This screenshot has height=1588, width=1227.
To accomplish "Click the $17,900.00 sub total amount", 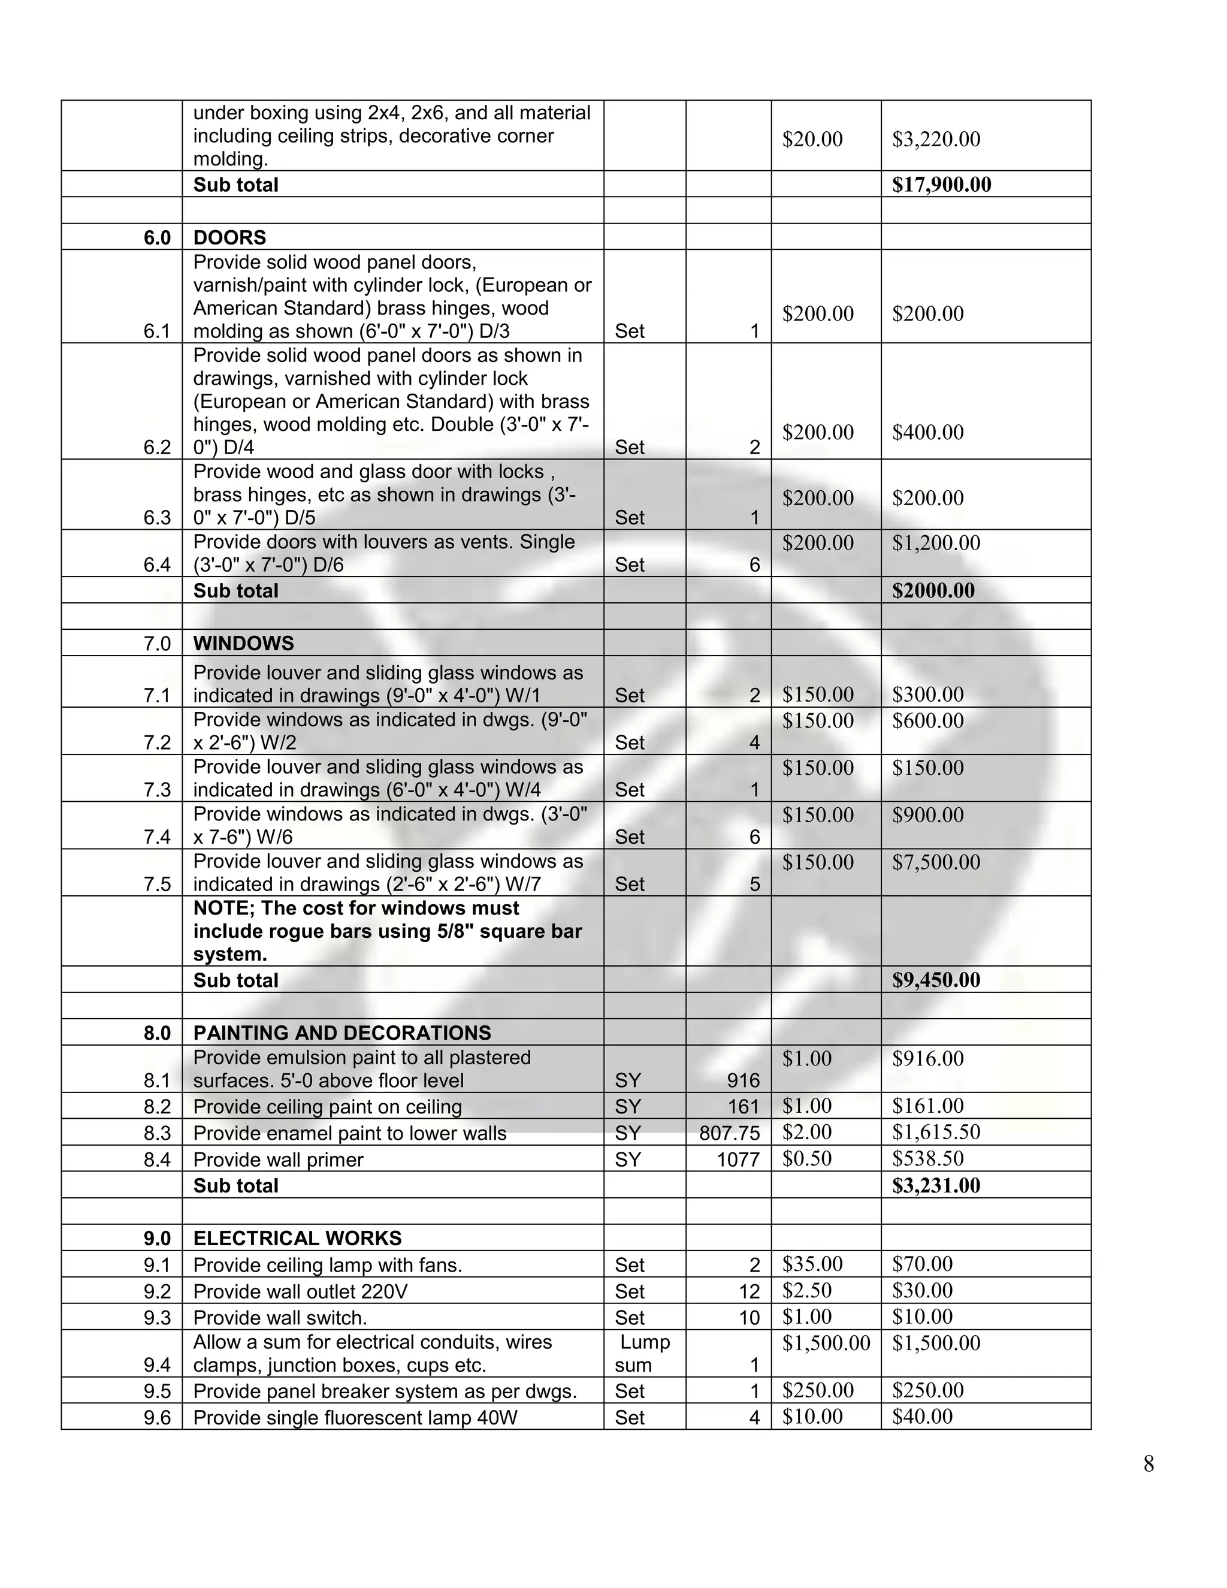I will pyautogui.click(x=941, y=185).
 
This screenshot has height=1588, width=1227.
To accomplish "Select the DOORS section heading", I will pyautogui.click(x=229, y=238).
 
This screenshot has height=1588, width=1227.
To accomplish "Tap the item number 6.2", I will pyautogui.click(x=157, y=447).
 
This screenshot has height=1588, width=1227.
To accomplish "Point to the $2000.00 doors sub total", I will pyautogui.click(x=933, y=590).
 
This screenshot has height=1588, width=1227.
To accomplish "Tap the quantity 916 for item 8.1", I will pyautogui.click(x=743, y=1080).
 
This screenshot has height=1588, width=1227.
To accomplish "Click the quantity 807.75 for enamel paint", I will pyautogui.click(x=729, y=1133).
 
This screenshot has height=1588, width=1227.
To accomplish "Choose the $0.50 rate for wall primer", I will pyautogui.click(x=806, y=1158).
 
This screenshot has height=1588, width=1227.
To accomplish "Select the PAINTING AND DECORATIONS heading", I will pyautogui.click(x=341, y=1033).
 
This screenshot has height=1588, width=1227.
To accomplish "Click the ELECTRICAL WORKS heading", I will pyautogui.click(x=297, y=1238).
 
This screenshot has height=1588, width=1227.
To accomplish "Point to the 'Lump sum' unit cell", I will pyautogui.click(x=643, y=1353).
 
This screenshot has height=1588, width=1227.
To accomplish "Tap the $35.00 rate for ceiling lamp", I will pyautogui.click(x=812, y=1264).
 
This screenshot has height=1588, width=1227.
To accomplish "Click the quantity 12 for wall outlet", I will pyautogui.click(x=749, y=1291).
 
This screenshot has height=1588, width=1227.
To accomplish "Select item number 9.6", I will pyautogui.click(x=157, y=1417).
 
